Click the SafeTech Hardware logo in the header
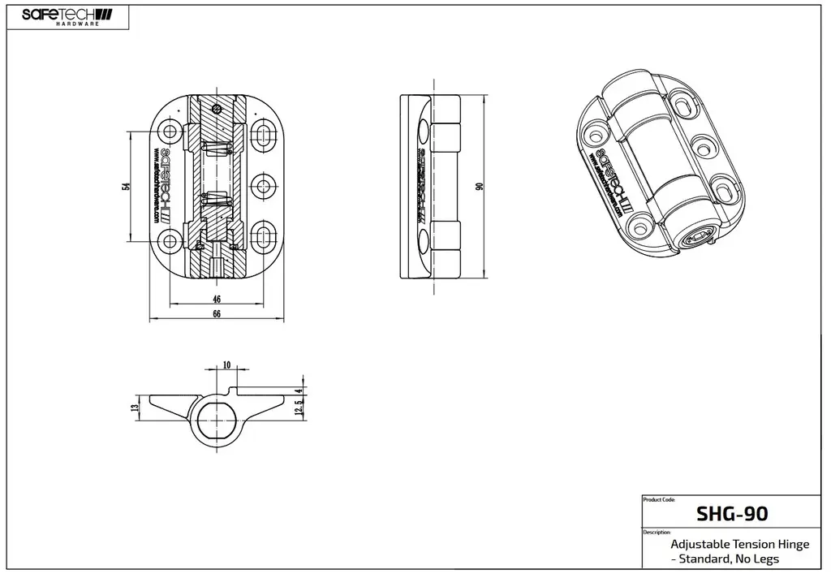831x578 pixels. pyautogui.click(x=67, y=16)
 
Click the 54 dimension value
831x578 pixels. pyautogui.click(x=126, y=187)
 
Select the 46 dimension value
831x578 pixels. pyautogui.click(x=217, y=300)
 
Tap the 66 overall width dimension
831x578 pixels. pyautogui.click(x=217, y=315)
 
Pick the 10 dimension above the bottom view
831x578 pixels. pyautogui.click(x=226, y=364)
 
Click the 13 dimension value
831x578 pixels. pyautogui.click(x=135, y=408)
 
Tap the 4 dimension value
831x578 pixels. pyautogui.click(x=299, y=390)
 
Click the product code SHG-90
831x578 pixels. pyautogui.click(x=732, y=514)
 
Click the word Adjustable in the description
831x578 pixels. pyautogui.click(x=700, y=544)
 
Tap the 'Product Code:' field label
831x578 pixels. pyautogui.click(x=658, y=500)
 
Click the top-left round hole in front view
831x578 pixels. pyautogui.click(x=170, y=132)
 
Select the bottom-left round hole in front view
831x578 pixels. pyautogui.click(x=170, y=239)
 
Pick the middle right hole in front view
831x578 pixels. pyautogui.click(x=263, y=186)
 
